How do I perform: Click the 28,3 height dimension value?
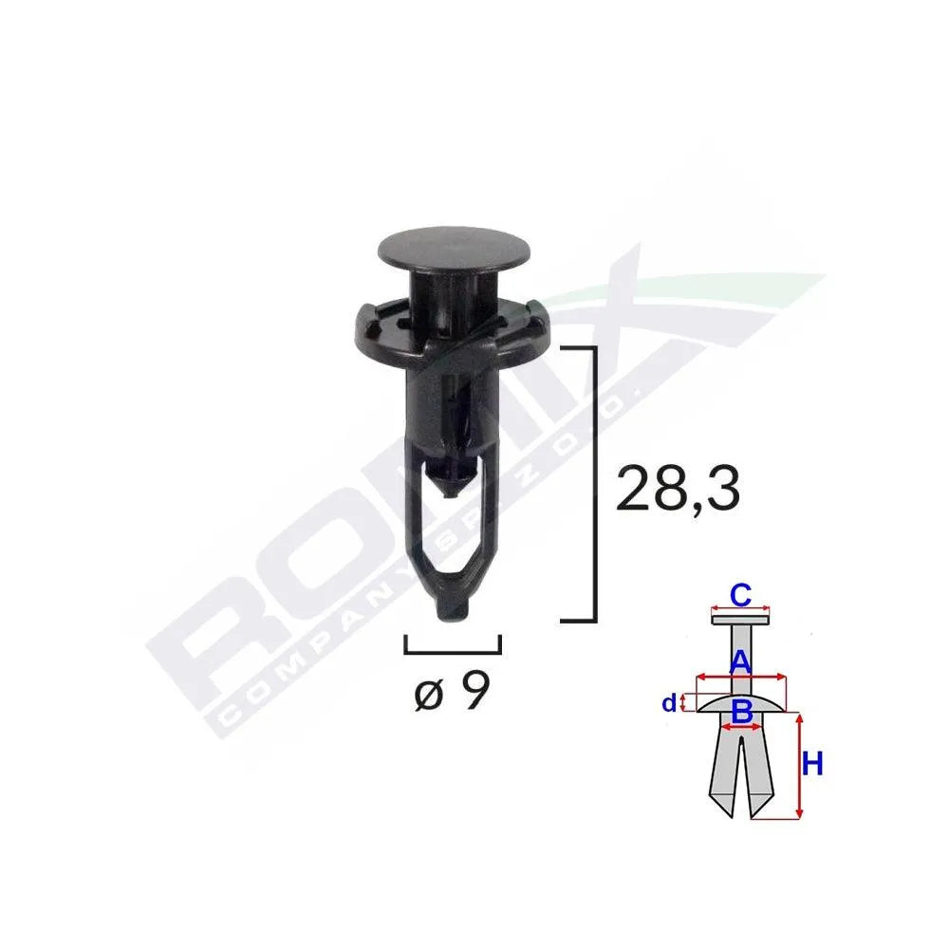(678, 489)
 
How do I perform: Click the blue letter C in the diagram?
(741, 595)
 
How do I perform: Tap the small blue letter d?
(669, 703)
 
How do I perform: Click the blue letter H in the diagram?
(813, 764)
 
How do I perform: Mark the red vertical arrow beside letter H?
(799, 767)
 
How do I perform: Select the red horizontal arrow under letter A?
(741, 677)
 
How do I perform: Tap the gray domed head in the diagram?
(741, 703)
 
